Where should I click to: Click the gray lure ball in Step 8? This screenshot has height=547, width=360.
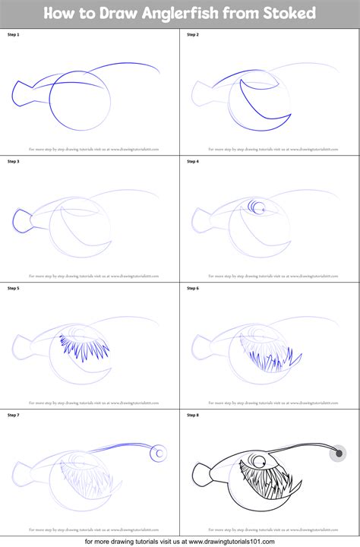coord(337,454)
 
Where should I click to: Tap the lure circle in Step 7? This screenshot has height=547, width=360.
coord(158,454)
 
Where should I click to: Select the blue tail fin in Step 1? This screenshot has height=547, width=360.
coord(21,94)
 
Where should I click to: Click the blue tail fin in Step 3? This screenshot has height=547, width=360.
coord(21,220)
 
